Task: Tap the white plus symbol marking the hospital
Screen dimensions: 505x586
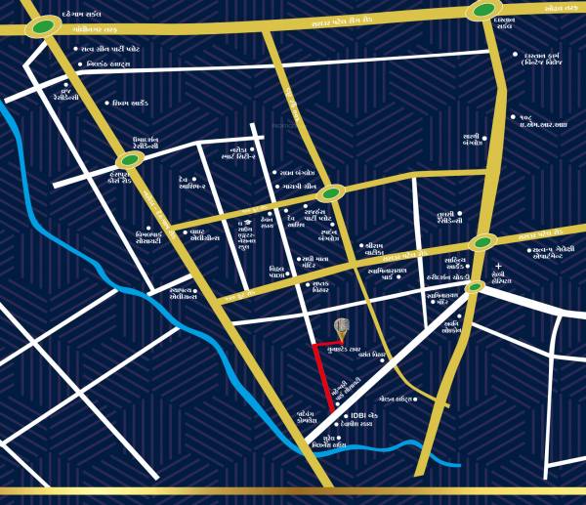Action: coord(498,266)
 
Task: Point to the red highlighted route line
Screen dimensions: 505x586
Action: coord(323,376)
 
